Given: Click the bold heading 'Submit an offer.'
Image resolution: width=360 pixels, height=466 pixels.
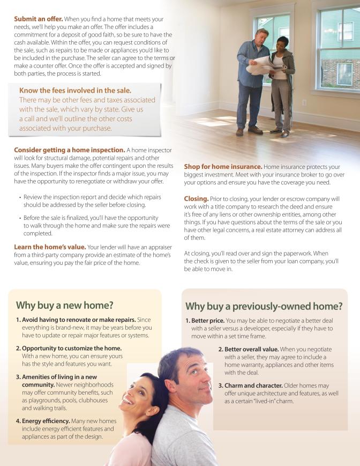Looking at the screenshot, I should (39, 19).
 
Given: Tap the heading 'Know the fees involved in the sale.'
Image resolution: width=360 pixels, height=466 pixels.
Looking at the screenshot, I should (75, 91).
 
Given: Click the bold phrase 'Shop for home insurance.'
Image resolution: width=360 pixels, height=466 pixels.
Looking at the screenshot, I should (223, 167).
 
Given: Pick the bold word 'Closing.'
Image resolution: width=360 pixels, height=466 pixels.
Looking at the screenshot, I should (196, 198).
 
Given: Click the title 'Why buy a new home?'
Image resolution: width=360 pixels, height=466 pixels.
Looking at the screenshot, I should (64, 306).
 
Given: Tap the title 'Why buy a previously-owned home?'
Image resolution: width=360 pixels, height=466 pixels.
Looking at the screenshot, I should (264, 307).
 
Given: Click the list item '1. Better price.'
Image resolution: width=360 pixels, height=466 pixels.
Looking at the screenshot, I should (205, 321).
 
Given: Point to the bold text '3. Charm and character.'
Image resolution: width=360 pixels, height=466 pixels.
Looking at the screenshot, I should (250, 386).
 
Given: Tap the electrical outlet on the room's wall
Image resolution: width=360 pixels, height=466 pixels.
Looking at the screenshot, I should (304, 102).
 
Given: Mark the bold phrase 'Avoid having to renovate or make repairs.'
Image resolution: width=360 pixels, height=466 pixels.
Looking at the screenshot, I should (78, 320).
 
